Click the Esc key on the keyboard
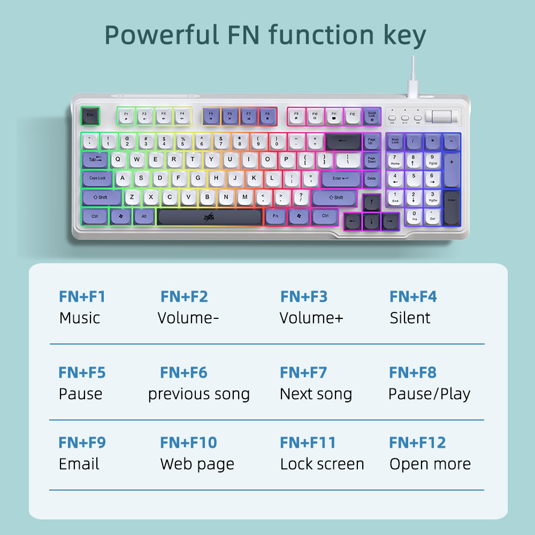coord(90,115)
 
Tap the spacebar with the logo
coord(210,217)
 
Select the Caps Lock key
coord(97,178)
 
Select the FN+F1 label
coord(82,296)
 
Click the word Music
coord(80,318)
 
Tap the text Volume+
coord(311,318)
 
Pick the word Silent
coord(410,318)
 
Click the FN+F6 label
coord(184,372)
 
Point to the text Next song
coord(316,394)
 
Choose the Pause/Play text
coord(429,394)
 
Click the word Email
coord(79,464)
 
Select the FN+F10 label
coord(188,442)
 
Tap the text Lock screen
coord(322,464)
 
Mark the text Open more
coord(430,464)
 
